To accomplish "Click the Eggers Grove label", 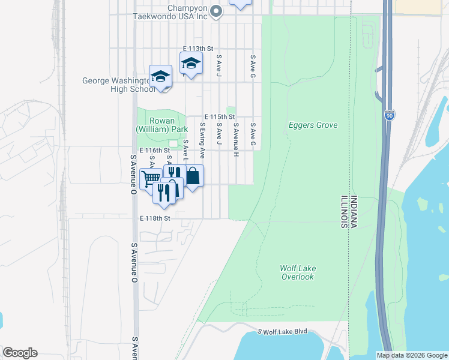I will (313, 125).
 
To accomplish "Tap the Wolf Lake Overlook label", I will (297, 272).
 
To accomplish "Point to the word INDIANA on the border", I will (354, 212).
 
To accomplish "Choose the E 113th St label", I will (198, 49).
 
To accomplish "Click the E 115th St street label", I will (218, 116).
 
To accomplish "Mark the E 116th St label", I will (155, 150).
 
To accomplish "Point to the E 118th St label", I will (155, 218).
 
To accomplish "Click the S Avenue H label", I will (237, 140).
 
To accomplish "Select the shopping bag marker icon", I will (193, 176).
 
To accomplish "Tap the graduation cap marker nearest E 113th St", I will (191, 62).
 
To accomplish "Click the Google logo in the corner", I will (20, 353).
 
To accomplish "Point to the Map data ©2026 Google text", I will (412, 355).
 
